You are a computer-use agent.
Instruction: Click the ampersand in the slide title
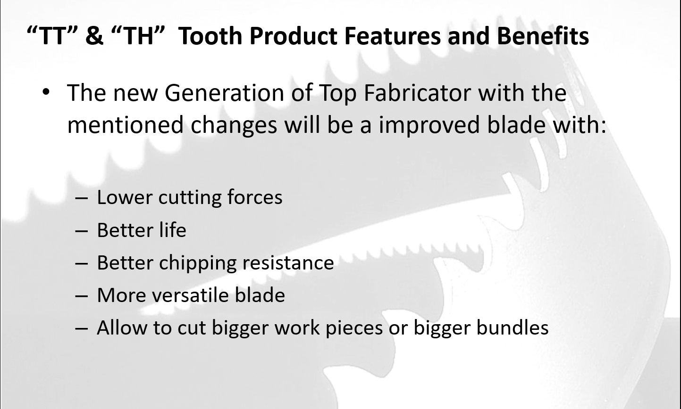(x=94, y=36)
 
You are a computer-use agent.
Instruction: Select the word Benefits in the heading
(x=543, y=36)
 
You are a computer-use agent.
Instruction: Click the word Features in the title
(x=393, y=36)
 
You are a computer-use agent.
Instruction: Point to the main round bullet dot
(x=46, y=92)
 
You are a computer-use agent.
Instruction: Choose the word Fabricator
(x=417, y=93)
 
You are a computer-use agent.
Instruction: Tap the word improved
(x=429, y=125)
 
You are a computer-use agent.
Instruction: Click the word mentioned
(x=125, y=125)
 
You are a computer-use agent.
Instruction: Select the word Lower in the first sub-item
(x=125, y=197)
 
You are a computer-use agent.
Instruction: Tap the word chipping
(x=198, y=263)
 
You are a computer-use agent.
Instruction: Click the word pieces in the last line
(x=354, y=328)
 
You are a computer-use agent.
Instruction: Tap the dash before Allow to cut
(x=81, y=329)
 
